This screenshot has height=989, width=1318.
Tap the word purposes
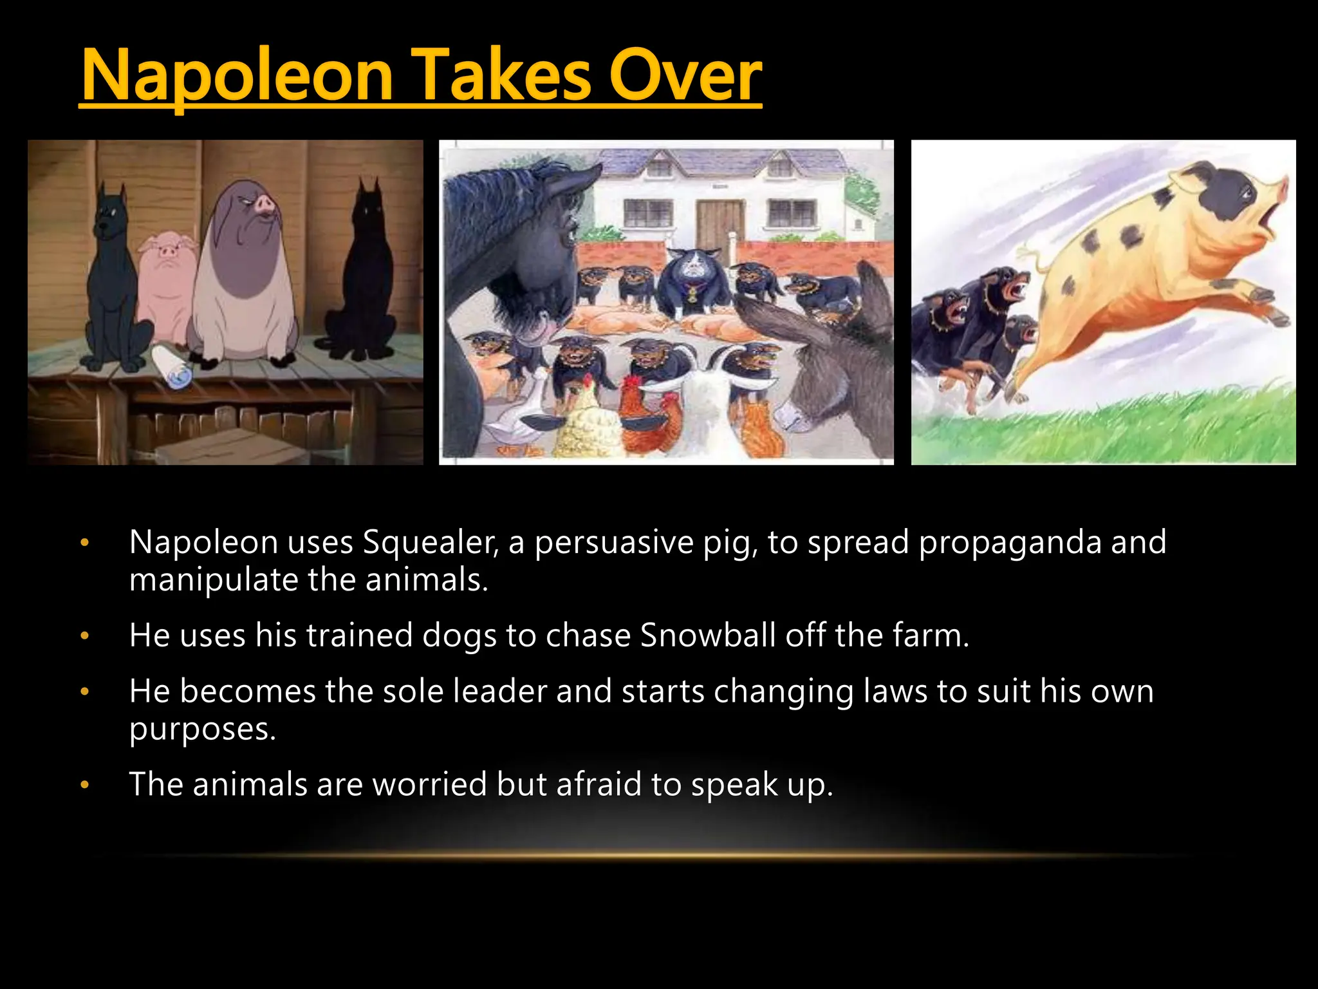tap(202, 730)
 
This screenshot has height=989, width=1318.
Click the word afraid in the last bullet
tap(599, 784)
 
